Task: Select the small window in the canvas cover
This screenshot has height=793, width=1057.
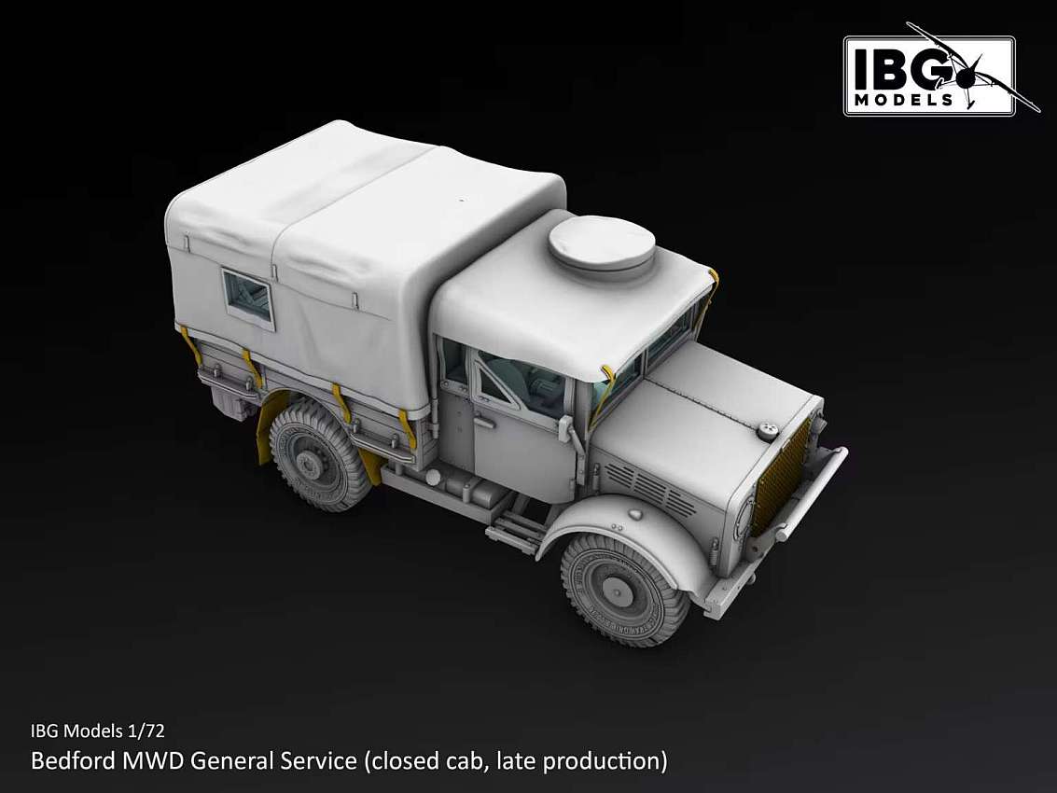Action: click(x=248, y=299)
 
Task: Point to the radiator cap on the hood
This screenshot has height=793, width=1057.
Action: click(x=767, y=431)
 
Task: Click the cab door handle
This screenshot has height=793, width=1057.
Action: click(x=482, y=423)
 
